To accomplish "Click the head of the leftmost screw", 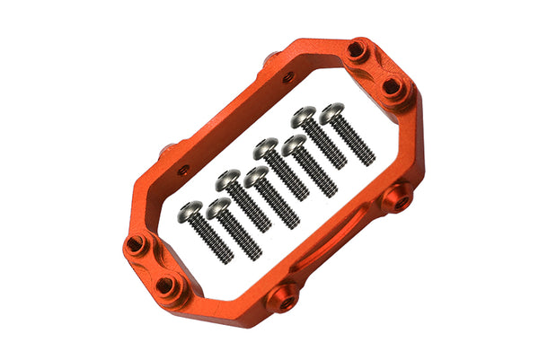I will click(190, 212).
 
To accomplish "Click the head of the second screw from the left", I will click(216, 208).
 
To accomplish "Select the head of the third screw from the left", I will click(226, 178).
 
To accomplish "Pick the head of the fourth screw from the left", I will click(255, 174).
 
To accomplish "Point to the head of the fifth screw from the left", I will click(265, 145).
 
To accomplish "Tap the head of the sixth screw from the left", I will click(293, 144).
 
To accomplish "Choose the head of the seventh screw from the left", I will click(304, 115).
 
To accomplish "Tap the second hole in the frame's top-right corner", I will click(393, 86).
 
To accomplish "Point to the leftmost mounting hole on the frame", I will click(135, 244).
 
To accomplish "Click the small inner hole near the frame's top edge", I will click(287, 78).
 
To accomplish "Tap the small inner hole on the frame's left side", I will click(183, 168).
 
